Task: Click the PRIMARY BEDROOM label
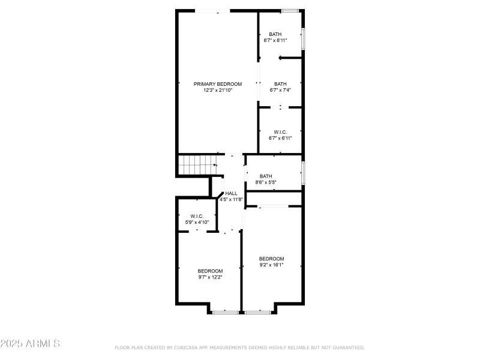tap(217, 84)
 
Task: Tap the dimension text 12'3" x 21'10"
tap(217, 91)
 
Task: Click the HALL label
tap(231, 193)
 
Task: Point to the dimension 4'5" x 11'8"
tap(231, 199)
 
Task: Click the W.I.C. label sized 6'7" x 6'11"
tap(280, 132)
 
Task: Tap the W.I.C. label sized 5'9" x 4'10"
tap(197, 216)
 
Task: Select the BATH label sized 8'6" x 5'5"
tap(266, 176)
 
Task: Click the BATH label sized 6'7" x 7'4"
tap(280, 84)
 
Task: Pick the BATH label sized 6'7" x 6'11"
tap(275, 34)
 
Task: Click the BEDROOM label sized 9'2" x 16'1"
tap(271, 259)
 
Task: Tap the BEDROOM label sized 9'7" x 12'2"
tap(210, 271)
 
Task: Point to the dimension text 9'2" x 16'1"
tap(271, 265)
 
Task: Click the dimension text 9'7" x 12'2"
tap(210, 277)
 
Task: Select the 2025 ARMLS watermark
tap(30, 344)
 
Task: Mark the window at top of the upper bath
tap(290, 10)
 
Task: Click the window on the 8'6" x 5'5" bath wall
tap(303, 173)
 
